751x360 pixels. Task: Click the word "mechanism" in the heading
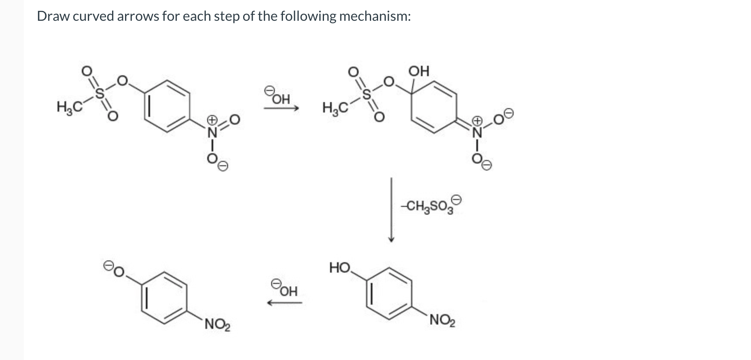tap(374, 16)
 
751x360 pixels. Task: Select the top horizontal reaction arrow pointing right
tap(281, 109)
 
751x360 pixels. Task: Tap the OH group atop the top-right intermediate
tap(418, 71)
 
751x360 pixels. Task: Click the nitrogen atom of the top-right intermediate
tap(477, 132)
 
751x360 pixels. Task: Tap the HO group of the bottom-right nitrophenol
tap(340, 267)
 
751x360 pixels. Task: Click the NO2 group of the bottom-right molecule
tap(442, 320)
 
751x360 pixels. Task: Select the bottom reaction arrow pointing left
tap(284, 303)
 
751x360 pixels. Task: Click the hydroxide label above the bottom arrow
tap(286, 289)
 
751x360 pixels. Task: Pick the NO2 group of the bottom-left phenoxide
tap(218, 324)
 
